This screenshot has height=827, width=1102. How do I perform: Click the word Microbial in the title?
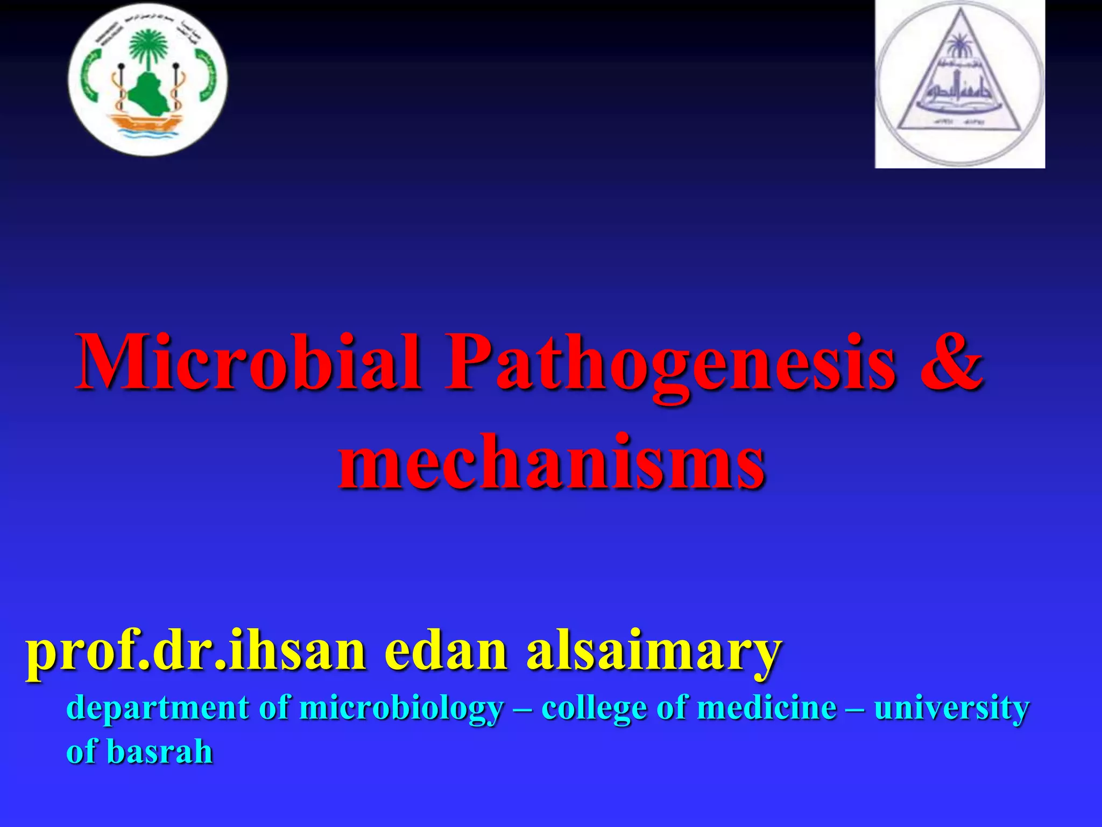click(x=248, y=362)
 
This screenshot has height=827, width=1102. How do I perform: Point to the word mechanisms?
click(x=551, y=462)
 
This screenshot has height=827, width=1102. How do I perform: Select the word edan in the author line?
click(x=446, y=651)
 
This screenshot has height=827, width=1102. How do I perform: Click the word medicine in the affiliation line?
click(x=767, y=707)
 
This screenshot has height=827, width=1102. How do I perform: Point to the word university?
click(x=951, y=709)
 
